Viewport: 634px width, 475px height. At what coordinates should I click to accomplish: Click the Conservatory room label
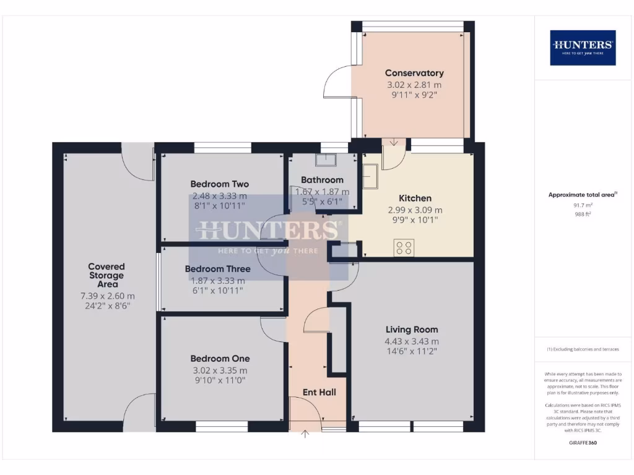coord(414,73)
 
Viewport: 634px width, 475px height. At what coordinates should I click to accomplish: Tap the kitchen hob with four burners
coord(404,247)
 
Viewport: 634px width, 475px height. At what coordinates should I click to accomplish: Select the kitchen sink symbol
coord(371,179)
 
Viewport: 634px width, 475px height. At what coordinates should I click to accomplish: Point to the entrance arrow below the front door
coord(305,434)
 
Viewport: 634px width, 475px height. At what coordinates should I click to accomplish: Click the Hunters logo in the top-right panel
coord(583,48)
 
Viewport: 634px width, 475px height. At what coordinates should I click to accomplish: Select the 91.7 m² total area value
coord(583,205)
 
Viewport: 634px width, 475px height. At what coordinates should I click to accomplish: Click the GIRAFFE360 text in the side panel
coord(583,443)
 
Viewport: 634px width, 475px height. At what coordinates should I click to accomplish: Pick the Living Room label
coord(412,330)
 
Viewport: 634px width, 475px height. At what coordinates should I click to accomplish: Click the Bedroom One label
coord(220,359)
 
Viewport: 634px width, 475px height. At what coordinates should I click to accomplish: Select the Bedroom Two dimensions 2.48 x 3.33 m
coord(219,196)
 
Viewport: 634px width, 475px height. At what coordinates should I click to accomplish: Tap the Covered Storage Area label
coord(106,275)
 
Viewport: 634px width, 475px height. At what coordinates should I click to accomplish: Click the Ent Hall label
coord(319,392)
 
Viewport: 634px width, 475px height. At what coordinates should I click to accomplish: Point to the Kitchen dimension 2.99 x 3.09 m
coord(415,210)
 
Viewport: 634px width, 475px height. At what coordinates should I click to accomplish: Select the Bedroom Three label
coord(217,269)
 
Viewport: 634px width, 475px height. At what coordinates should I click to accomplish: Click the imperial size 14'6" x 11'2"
coord(412,352)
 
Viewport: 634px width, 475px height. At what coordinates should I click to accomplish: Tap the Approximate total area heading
coord(582,195)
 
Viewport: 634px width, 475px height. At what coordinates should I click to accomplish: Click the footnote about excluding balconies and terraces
coord(583,349)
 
